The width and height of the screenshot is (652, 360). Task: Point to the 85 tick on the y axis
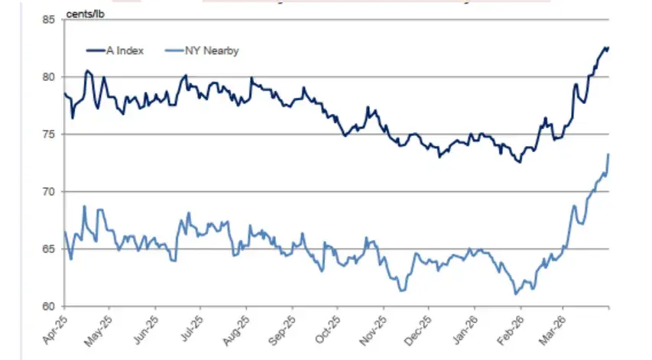coord(51,20)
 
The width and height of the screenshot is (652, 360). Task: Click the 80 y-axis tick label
coord(51,77)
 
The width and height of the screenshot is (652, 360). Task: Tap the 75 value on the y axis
coord(51,135)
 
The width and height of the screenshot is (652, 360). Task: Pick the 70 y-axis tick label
coord(51,192)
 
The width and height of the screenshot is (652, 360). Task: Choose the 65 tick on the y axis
coord(51,249)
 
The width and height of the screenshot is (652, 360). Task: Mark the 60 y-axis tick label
coord(51,306)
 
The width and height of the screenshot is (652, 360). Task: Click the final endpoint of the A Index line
coord(608,47)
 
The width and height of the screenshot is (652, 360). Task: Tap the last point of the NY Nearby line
coord(608,154)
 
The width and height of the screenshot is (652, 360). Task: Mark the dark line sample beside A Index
coord(96,50)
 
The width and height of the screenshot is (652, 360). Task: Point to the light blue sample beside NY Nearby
coord(170,50)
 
